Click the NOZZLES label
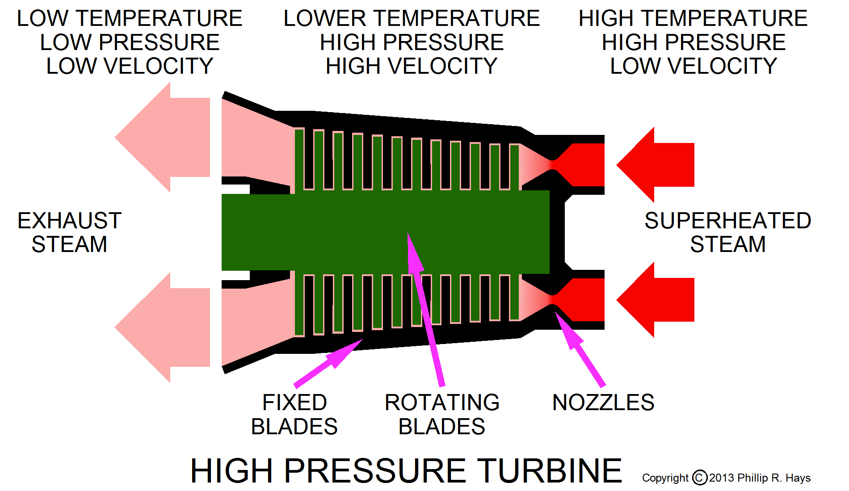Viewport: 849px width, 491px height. (x=603, y=403)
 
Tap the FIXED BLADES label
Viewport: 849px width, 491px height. (x=294, y=414)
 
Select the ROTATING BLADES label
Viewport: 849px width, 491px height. (x=441, y=414)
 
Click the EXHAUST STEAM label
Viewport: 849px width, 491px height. (x=69, y=232)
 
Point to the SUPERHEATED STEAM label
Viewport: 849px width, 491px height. (x=727, y=232)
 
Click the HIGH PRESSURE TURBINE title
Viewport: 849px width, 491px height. (x=406, y=471)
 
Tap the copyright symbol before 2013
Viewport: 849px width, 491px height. (x=699, y=478)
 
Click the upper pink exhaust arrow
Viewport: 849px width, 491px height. (x=165, y=137)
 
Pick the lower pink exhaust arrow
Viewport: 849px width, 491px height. (x=165, y=327)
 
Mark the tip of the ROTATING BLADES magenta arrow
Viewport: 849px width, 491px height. (x=408, y=235)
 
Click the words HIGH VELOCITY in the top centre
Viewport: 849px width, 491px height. (x=411, y=66)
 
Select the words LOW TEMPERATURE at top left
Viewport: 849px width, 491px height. (x=130, y=19)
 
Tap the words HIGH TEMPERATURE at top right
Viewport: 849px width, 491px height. (x=693, y=19)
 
